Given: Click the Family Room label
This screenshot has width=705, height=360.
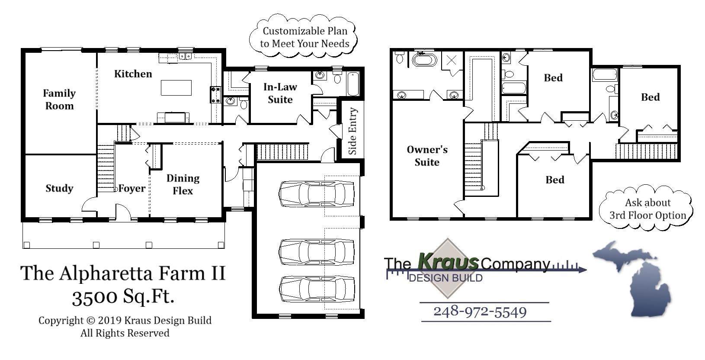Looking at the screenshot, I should (59, 100).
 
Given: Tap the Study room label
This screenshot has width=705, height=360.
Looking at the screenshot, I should (59, 188).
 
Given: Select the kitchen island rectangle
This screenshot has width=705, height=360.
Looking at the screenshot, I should (176, 88).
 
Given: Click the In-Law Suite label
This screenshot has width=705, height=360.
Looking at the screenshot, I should (280, 93).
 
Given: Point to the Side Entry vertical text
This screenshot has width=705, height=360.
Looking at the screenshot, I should (352, 131).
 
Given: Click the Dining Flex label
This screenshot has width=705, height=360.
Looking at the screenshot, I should (183, 184).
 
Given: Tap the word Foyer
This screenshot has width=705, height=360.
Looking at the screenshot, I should (132, 189).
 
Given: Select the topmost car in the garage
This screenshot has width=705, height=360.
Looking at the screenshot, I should (317, 193).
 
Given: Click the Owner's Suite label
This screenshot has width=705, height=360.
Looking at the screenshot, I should (427, 156).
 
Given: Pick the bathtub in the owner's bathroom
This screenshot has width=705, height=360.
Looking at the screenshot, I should (424, 59).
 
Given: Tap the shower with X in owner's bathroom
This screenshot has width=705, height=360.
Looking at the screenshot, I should (451, 60).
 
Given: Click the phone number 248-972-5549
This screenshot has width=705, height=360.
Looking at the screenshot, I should (480, 312).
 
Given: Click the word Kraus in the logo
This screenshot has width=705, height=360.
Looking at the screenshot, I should (448, 261).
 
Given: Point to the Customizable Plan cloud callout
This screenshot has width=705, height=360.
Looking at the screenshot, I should (304, 37).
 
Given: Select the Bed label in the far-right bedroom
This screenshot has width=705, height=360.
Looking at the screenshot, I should (650, 97).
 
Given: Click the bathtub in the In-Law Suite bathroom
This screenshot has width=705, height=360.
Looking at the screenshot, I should (353, 84).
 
